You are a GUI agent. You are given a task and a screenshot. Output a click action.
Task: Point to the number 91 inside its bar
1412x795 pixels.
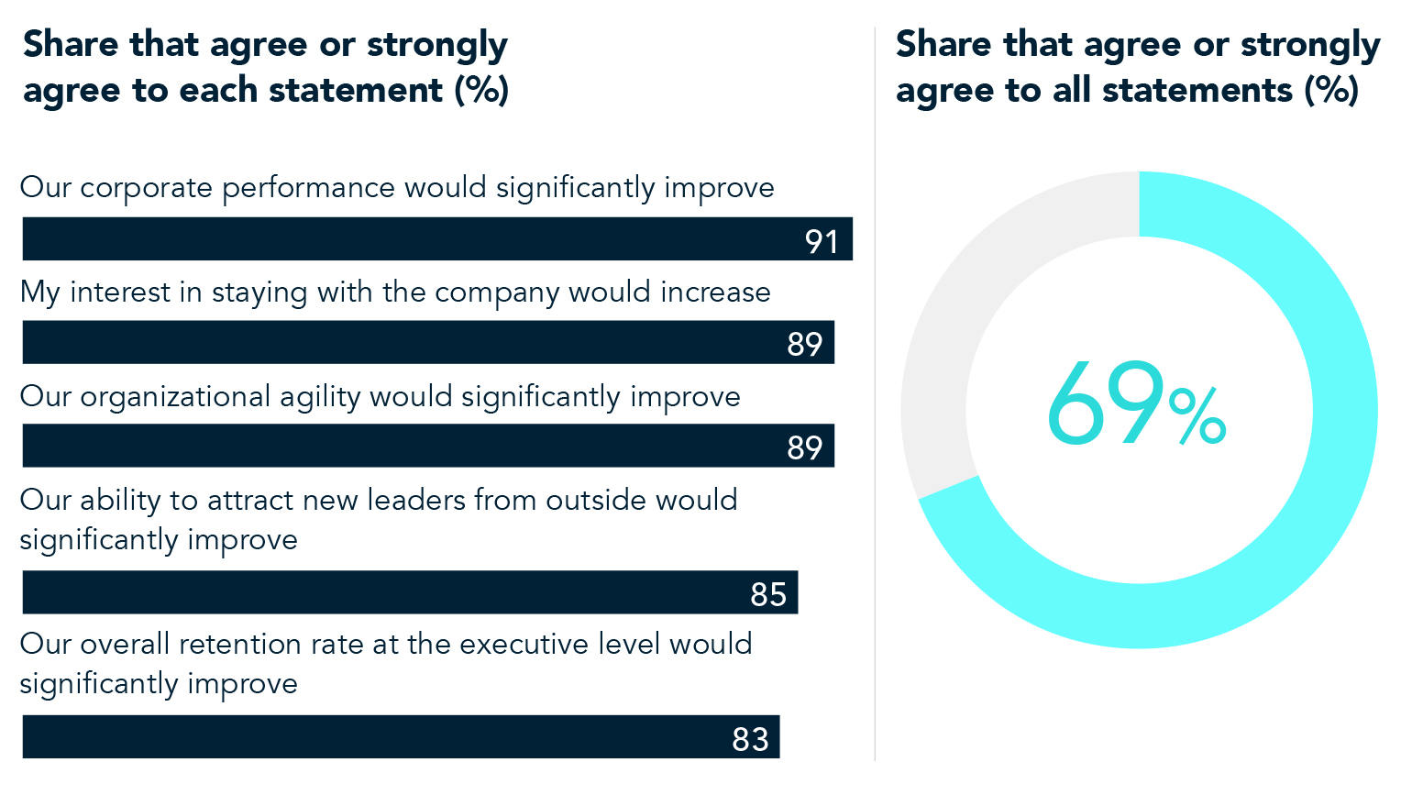tap(822, 241)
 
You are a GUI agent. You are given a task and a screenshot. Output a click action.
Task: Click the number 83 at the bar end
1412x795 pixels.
tap(750, 739)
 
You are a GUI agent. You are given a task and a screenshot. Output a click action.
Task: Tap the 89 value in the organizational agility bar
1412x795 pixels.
tap(804, 447)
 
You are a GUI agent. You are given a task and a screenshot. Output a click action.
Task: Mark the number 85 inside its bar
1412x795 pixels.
tap(768, 595)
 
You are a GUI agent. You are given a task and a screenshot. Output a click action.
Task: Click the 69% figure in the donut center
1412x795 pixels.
tap(1136, 406)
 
